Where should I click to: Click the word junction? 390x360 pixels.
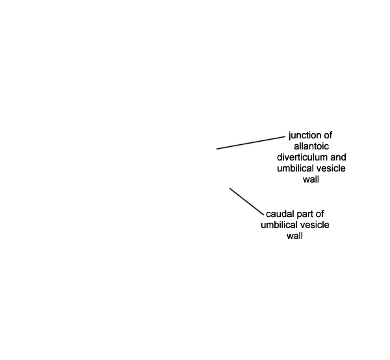click(305, 136)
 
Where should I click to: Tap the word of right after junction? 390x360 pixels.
click(328, 135)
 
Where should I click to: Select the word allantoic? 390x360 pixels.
click(311, 146)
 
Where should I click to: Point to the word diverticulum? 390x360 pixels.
click(302, 157)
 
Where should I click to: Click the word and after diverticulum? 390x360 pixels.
click(338, 157)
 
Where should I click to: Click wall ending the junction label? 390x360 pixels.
click(311, 179)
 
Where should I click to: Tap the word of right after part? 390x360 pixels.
click(320, 214)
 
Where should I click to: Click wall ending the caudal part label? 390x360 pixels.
click(294, 236)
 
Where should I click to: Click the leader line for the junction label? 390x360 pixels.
click(251, 143)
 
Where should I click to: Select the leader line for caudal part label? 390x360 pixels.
click(246, 201)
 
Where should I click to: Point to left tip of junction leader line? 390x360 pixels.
click(216, 149)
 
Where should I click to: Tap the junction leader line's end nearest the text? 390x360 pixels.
click(285, 136)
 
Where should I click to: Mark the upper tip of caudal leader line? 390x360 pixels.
click(229, 188)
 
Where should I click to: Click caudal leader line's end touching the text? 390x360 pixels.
click(263, 215)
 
